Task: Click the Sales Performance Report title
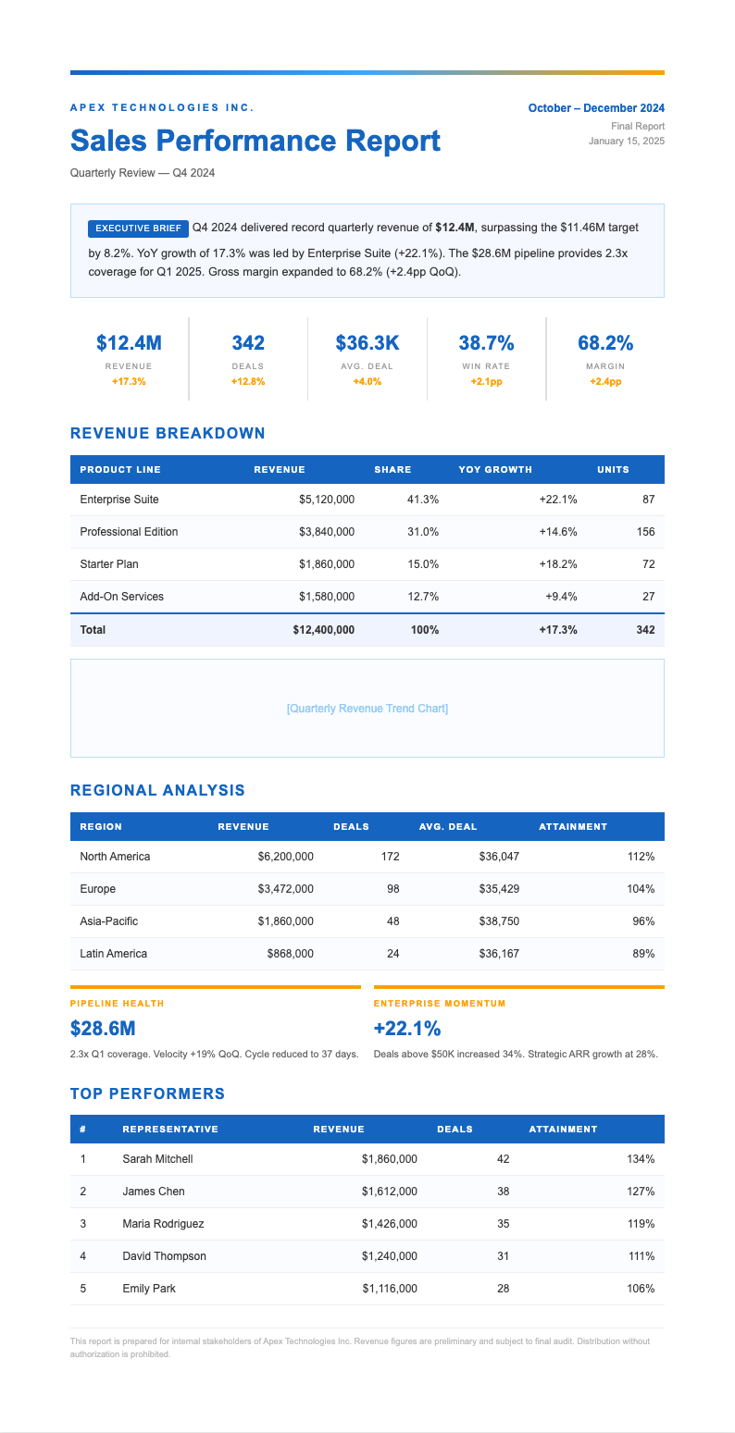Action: coord(255,141)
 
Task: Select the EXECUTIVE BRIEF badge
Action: coord(138,228)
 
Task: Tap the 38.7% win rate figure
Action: coord(486,343)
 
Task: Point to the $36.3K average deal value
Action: coord(367,343)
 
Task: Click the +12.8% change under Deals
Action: coord(248,381)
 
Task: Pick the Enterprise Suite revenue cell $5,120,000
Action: coord(326,500)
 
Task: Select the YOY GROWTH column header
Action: coord(495,470)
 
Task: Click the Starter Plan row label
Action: coord(109,564)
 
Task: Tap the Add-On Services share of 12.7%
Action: coord(423,597)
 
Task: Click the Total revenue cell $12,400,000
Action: coord(323,630)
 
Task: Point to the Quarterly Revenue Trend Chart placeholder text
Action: coord(367,709)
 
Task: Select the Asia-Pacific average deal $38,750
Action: coord(499,921)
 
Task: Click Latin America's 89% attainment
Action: coord(643,954)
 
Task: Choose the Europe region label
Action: coord(98,889)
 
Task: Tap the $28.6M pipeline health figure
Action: coord(102,1029)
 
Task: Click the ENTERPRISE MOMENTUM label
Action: coord(440,1003)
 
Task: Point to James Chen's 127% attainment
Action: coord(641,1192)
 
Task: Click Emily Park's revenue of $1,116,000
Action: coord(390,1289)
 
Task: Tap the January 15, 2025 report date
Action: coord(626,142)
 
